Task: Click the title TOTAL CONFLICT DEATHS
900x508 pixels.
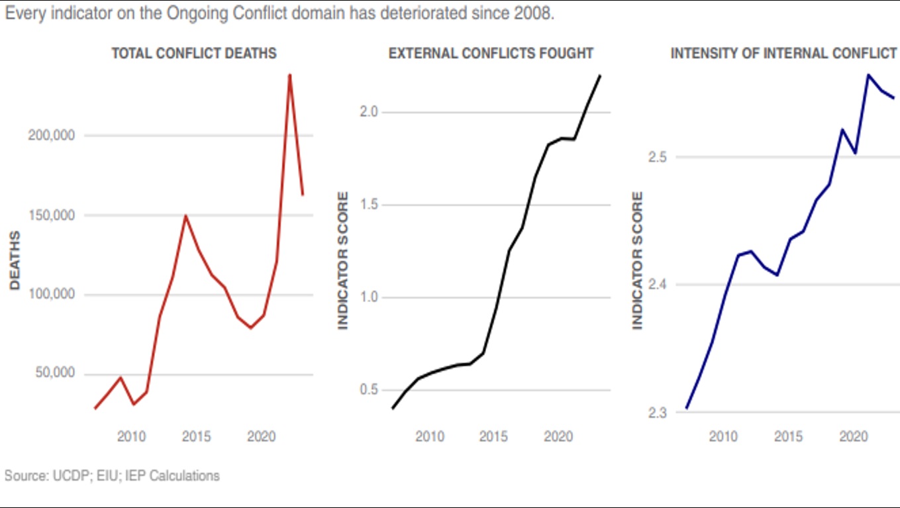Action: [x=194, y=53]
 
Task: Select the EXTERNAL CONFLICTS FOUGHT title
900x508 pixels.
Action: [x=491, y=53]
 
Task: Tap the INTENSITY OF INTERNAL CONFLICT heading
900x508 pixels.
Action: [x=783, y=53]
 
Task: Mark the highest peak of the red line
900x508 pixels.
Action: [x=289, y=74]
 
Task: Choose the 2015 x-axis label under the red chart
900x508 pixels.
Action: [x=196, y=436]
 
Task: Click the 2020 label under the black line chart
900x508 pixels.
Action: [x=558, y=436]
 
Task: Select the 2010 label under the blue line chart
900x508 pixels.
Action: [x=723, y=436]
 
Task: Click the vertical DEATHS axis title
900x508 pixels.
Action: [x=15, y=260]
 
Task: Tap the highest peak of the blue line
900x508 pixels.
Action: [x=868, y=75]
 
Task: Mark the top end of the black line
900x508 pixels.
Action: [x=599, y=76]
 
